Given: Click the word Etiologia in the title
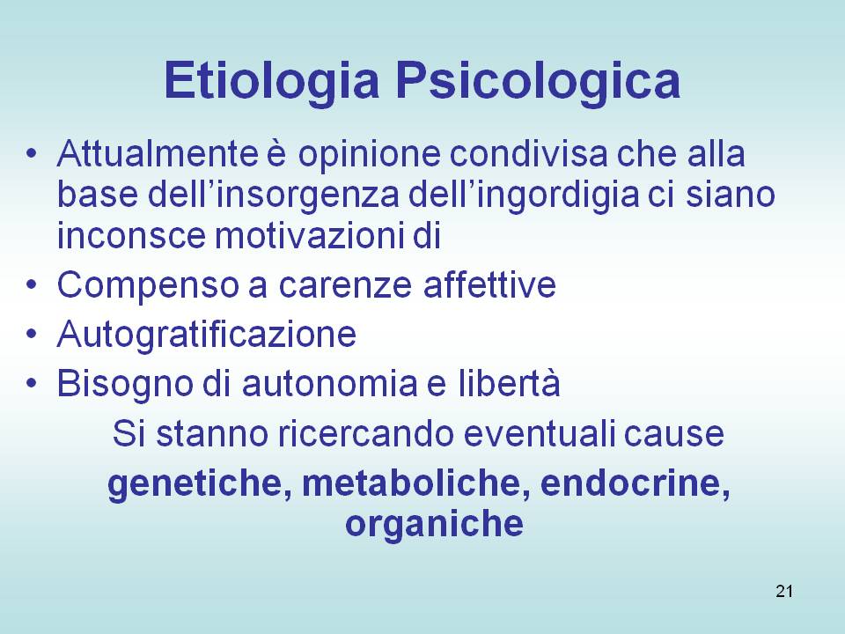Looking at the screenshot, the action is point(272,80).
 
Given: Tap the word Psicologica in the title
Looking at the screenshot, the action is point(538,80).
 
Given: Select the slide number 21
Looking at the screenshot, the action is point(784,592).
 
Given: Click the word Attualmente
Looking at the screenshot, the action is point(158,153).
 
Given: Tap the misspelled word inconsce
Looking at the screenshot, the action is point(131,236).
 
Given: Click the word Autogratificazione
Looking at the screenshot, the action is point(206,335).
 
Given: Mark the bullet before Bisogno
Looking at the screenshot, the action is point(32,383).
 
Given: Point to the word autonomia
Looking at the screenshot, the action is point(329,384).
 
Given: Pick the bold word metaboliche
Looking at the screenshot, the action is point(416,483).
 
